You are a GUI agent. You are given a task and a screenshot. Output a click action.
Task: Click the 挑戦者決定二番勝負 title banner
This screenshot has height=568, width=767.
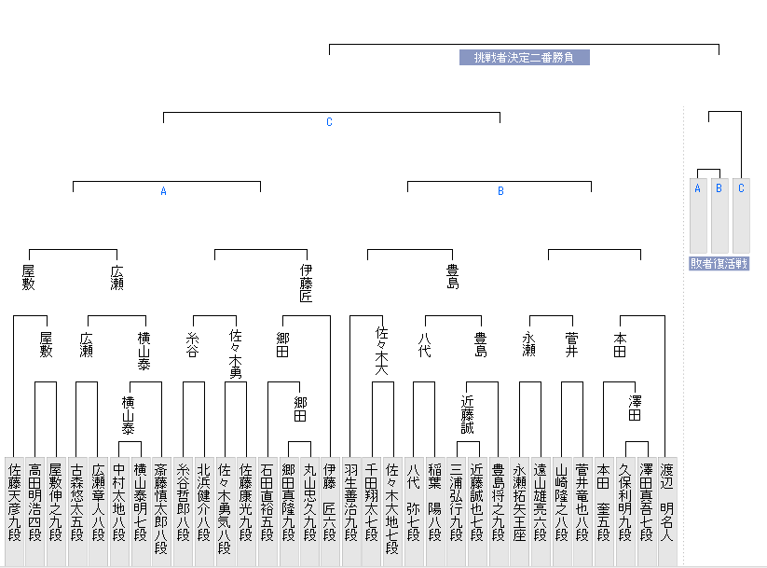tap(524, 58)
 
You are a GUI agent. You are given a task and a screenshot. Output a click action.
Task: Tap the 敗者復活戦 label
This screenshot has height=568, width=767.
tap(719, 264)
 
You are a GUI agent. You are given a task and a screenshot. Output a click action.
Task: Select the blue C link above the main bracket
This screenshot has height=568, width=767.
tap(329, 122)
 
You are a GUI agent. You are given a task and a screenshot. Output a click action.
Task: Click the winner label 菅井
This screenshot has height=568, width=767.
tap(572, 344)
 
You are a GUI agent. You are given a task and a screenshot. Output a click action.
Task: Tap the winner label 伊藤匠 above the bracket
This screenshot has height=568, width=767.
tap(306, 284)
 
